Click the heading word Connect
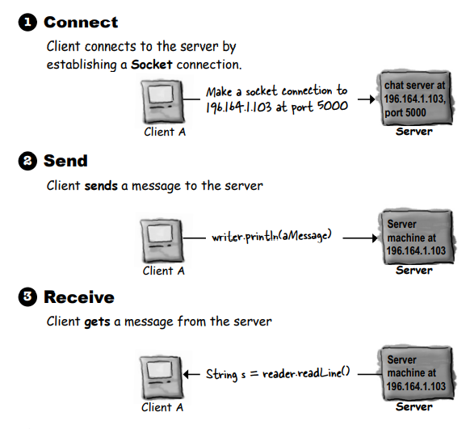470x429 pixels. tap(81, 23)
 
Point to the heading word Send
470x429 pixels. tap(65, 162)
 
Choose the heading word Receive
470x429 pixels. tap(78, 298)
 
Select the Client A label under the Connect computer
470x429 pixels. tap(164, 132)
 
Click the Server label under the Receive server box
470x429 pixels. tap(414, 406)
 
